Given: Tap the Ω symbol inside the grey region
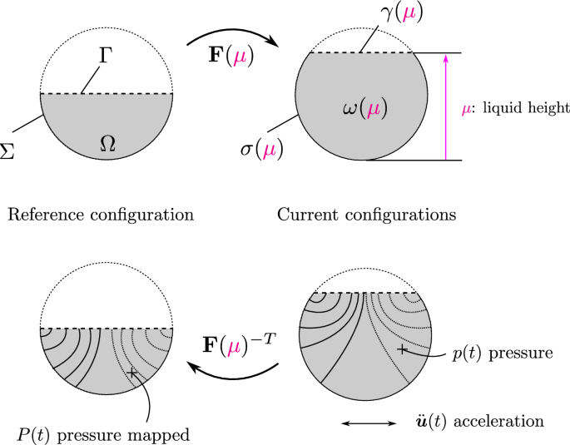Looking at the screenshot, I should click(x=107, y=143).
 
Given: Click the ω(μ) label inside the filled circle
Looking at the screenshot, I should click(x=365, y=108).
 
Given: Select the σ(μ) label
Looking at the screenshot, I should click(x=260, y=151).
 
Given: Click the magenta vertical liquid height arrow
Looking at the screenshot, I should click(x=447, y=106).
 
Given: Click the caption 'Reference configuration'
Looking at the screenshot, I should click(x=100, y=215).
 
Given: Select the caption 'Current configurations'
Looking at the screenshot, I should click(x=366, y=215).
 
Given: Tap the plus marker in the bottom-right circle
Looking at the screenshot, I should click(x=401, y=350).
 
